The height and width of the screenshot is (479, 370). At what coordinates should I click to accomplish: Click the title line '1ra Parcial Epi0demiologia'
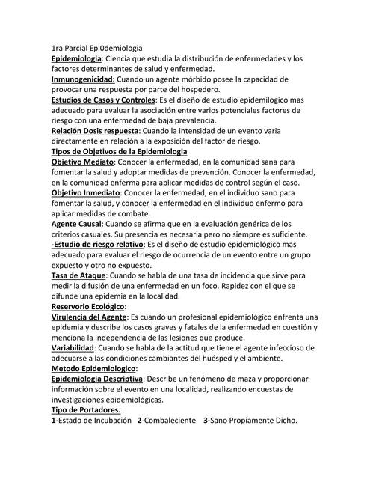tap(96, 46)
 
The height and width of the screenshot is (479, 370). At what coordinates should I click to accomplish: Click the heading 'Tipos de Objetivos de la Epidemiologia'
tap(119, 150)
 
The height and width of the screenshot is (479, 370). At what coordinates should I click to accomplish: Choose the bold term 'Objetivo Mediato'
tap(82, 161)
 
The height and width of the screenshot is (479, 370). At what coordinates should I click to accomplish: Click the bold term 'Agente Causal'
tap(75, 223)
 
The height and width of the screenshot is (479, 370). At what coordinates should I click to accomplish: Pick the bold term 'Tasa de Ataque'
tap(78, 275)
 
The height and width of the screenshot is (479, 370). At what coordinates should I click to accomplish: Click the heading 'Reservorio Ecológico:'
tap(88, 306)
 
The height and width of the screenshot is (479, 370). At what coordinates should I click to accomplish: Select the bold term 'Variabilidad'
tap(73, 348)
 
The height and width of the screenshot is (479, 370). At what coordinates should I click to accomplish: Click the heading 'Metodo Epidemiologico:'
tap(93, 368)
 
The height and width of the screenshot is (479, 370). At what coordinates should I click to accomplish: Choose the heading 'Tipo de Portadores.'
tap(85, 410)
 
